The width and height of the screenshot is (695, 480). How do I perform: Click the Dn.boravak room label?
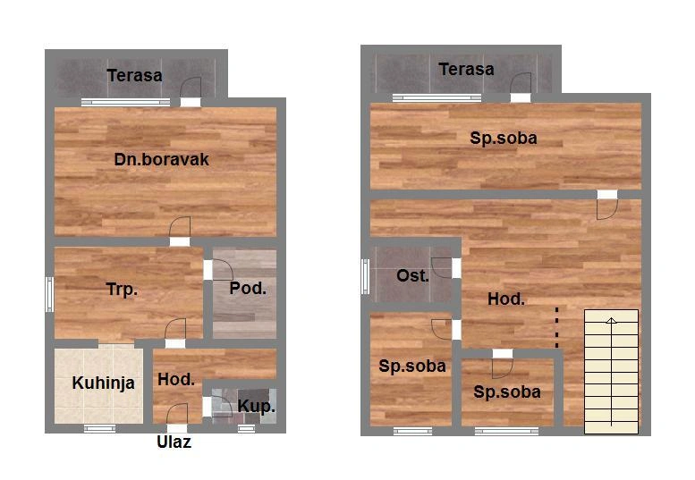click(161, 159)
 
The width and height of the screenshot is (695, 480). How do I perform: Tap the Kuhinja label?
click(103, 383)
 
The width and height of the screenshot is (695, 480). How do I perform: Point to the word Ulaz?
click(174, 442)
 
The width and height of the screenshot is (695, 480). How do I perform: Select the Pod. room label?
click(248, 289)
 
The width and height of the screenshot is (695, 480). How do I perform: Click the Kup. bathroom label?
click(256, 406)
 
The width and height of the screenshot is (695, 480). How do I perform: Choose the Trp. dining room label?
click(122, 290)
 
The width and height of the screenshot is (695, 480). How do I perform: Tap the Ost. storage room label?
click(412, 276)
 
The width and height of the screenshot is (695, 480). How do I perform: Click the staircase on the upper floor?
click(611, 372)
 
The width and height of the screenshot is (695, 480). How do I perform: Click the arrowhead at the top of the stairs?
click(611, 321)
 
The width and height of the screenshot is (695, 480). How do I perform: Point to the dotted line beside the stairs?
click(557, 327)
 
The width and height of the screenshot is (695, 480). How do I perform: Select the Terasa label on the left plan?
click(134, 75)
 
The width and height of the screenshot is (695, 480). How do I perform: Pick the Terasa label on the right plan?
click(466, 69)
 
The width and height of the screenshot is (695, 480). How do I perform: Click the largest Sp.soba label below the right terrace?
click(504, 139)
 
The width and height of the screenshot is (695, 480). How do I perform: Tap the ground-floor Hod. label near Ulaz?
click(176, 380)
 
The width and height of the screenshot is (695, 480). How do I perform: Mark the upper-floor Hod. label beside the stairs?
click(506, 299)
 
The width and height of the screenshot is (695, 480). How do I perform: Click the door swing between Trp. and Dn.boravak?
click(180, 227)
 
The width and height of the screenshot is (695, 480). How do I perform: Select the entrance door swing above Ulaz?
click(177, 414)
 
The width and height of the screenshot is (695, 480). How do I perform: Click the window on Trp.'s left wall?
click(50, 294)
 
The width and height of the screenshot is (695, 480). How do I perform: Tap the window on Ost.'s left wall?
click(365, 276)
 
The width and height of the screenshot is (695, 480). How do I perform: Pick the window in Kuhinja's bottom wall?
click(99, 428)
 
